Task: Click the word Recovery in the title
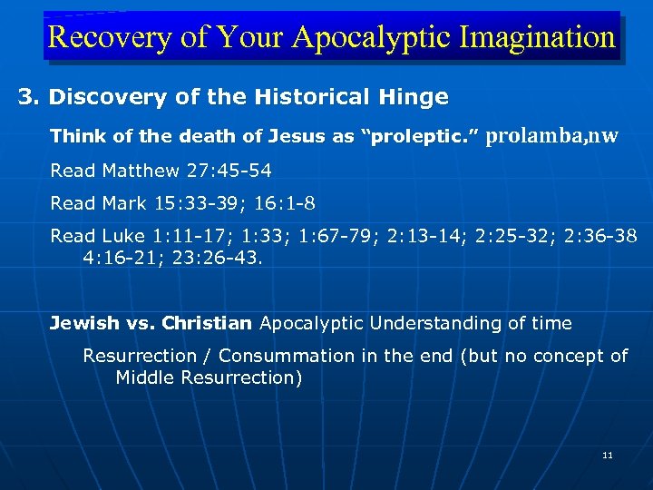point(96,38)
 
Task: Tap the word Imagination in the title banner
point(537,38)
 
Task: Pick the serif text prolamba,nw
point(553,136)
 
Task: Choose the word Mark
point(119,203)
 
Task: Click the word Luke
point(119,236)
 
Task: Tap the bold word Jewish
point(83,323)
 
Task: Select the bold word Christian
point(207,323)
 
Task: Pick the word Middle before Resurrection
point(145,377)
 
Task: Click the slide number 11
point(607,455)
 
